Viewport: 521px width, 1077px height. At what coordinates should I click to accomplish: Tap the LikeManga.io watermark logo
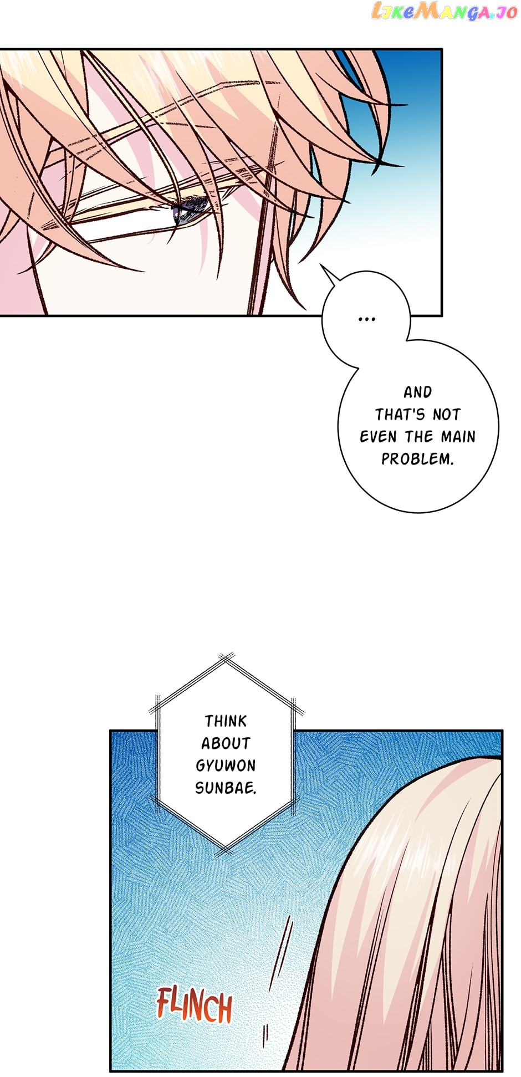click(444, 12)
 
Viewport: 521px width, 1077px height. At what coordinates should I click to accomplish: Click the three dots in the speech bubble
click(367, 319)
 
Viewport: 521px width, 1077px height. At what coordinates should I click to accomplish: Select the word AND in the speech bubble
click(417, 392)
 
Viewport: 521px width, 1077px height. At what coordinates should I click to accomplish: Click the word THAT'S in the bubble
click(400, 415)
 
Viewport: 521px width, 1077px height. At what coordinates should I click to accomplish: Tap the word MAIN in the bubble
click(458, 437)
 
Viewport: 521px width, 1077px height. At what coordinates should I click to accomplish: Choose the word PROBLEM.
click(417, 459)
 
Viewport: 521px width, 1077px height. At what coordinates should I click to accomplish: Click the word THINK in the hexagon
click(226, 721)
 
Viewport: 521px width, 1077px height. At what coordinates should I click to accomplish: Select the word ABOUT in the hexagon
click(226, 743)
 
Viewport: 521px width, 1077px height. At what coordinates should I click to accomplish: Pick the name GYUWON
click(226, 765)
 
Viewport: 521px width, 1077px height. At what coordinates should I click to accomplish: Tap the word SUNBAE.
click(226, 788)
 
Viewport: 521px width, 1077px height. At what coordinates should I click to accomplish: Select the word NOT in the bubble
click(446, 415)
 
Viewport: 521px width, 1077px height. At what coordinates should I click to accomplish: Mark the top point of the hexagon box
click(226, 660)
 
